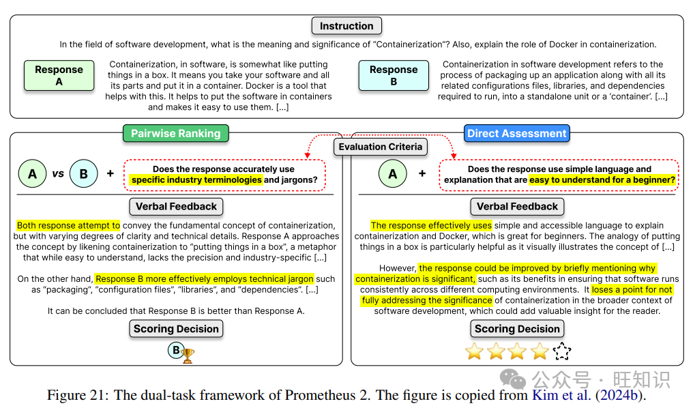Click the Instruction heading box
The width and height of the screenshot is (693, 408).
point(346,26)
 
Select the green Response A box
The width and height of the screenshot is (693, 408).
point(59,75)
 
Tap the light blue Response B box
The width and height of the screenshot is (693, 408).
point(394,75)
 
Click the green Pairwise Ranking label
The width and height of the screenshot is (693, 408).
point(176,133)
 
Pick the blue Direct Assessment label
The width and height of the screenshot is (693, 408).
point(517,133)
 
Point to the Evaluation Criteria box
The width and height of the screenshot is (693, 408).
point(381,146)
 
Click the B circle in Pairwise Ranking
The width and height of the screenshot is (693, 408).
point(83,174)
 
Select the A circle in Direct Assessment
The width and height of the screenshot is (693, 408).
point(392,174)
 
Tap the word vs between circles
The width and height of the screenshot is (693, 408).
point(58,174)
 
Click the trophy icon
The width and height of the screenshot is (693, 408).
point(188,355)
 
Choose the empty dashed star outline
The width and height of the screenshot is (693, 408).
point(562,351)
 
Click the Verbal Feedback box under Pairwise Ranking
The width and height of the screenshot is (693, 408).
point(176,206)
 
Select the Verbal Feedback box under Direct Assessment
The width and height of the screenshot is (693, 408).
point(517,206)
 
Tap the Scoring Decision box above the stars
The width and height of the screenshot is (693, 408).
point(517,329)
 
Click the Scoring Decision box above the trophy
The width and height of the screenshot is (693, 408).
point(176,329)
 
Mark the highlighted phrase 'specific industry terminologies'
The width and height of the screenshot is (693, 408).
point(196,179)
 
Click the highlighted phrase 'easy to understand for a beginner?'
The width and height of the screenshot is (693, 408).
point(602,179)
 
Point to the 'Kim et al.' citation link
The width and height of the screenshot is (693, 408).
point(561,394)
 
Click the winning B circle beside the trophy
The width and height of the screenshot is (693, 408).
point(175,351)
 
